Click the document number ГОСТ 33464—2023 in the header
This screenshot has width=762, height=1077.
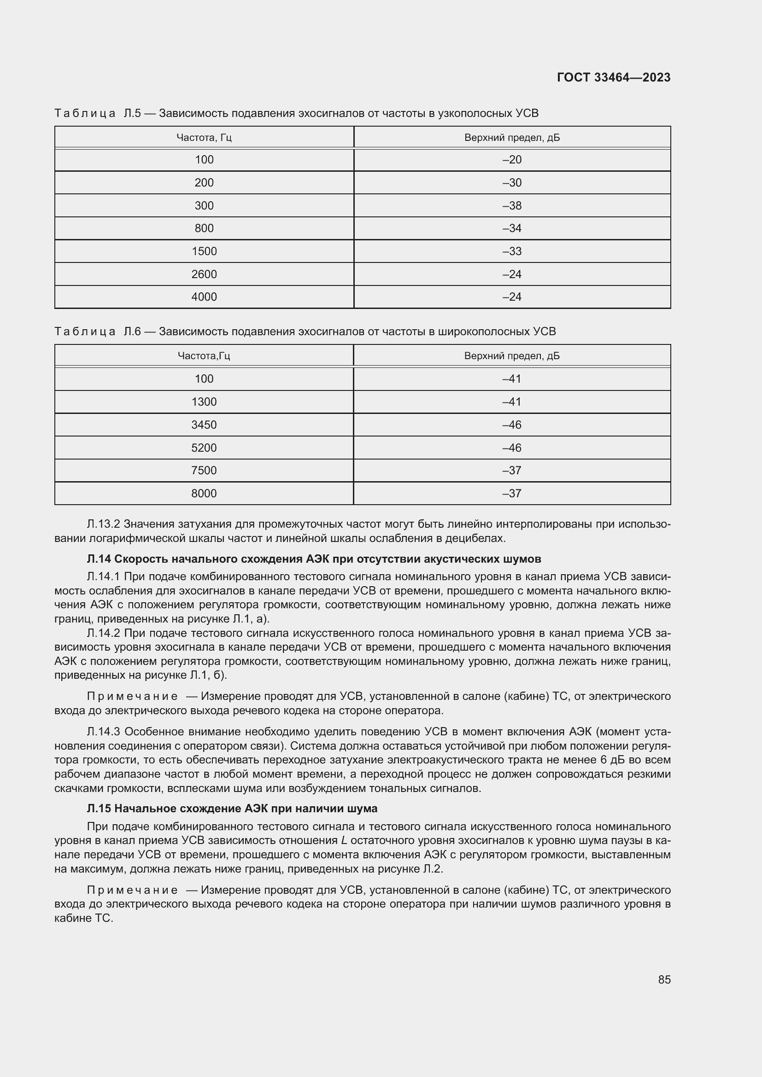coord(613,77)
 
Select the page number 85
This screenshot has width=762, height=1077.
coord(664,979)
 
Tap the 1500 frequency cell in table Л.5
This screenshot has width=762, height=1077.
coord(204,251)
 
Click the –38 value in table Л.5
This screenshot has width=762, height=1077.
coord(512,205)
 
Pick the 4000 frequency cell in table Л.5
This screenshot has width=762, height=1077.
coord(204,297)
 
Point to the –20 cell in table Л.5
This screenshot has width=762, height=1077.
coord(512,160)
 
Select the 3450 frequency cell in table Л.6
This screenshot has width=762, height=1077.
coord(204,425)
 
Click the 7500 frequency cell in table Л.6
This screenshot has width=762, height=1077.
coord(204,471)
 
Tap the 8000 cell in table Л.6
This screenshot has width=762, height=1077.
coord(204,494)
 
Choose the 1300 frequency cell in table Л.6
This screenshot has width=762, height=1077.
coord(204,402)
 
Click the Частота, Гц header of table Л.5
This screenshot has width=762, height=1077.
coord(204,137)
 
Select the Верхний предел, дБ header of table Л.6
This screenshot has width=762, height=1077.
coord(512,356)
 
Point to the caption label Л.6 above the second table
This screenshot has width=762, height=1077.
coord(132,332)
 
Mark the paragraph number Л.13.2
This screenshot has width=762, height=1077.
coord(104,524)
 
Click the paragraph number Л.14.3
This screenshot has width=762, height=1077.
coord(104,732)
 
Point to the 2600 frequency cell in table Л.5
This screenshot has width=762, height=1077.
coord(204,274)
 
